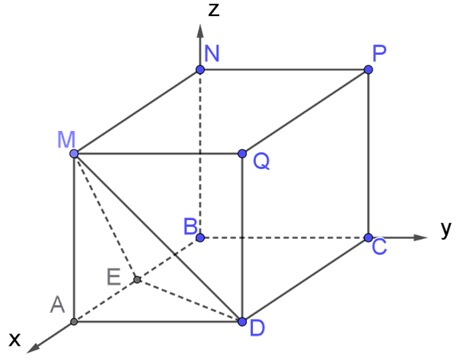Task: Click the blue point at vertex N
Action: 200,69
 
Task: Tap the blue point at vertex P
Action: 369,69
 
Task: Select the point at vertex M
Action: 75,154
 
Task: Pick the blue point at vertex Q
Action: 242,154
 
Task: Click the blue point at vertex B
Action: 200,237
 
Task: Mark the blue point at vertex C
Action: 369,237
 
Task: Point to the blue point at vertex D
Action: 242,321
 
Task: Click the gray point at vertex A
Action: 74,321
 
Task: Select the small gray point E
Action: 137,279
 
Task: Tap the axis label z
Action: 214,9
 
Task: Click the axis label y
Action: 446,230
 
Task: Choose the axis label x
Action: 14,339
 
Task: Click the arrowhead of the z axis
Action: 200,31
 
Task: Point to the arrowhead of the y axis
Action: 420,237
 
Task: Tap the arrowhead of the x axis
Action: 33,349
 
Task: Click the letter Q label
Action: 261,161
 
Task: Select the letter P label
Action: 379,53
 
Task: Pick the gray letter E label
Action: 113,277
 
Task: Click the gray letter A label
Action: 57,304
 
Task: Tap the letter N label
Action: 212,53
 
